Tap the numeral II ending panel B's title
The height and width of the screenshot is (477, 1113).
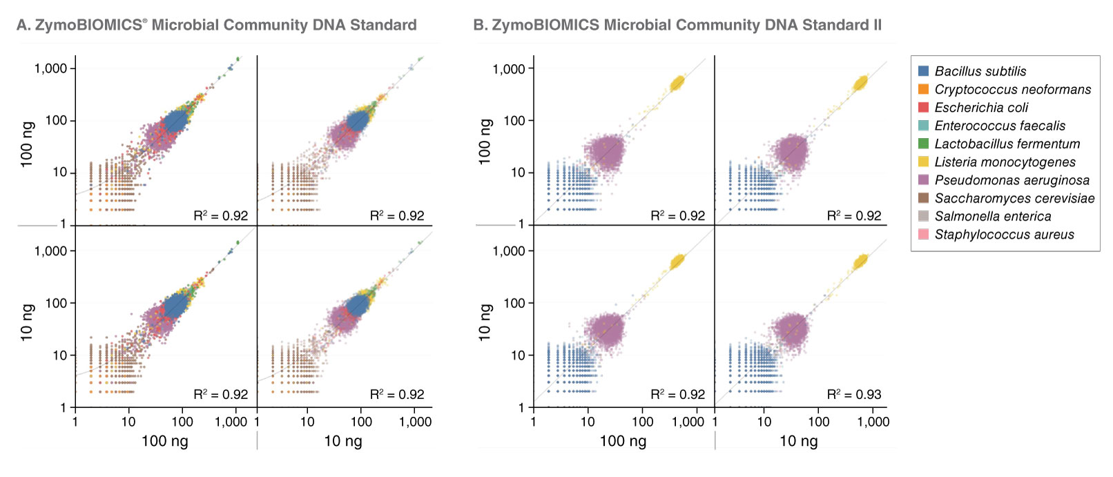877,26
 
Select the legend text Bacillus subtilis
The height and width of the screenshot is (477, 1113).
980,71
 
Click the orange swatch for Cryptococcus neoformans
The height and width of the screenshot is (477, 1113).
923,89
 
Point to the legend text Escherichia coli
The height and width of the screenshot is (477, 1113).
980,108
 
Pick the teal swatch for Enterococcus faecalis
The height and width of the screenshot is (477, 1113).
923,126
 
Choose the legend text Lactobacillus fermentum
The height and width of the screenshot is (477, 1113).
1007,144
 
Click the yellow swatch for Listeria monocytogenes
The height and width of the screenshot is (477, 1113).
923,162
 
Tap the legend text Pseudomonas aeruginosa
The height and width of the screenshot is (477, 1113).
1012,180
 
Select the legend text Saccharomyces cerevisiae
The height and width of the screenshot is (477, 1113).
1014,198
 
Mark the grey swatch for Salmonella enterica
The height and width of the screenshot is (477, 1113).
923,216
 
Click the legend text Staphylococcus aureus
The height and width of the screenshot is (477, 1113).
1004,235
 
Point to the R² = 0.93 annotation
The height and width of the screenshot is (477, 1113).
854,395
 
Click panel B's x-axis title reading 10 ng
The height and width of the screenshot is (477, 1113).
798,441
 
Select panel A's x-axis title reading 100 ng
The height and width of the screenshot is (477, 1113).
164,441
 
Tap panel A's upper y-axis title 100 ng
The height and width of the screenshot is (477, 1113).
27,144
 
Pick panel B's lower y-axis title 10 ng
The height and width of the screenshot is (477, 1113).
485,322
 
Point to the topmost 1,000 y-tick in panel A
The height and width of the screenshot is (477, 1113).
50,68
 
